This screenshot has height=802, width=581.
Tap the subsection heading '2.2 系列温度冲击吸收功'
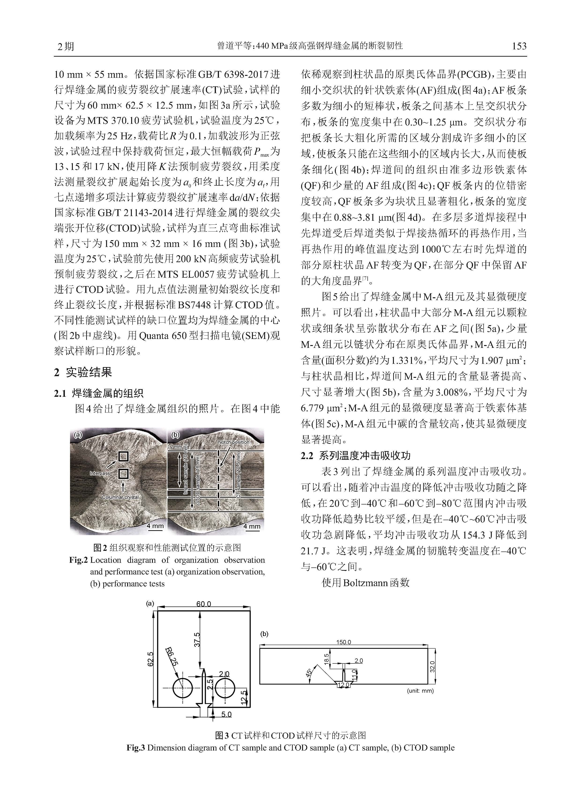[356, 456]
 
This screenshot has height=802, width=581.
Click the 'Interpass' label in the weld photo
[100, 473]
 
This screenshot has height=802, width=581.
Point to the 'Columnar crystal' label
[120, 497]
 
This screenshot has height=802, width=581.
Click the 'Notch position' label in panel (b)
[233, 442]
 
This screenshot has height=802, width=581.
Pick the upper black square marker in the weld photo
[123, 457]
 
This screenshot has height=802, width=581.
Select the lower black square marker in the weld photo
[123, 474]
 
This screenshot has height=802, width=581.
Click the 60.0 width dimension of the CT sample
[204, 604]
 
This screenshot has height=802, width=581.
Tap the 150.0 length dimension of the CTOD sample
[343, 642]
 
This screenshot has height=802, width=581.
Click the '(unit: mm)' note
[420, 691]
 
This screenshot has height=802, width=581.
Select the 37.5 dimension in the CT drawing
[197, 639]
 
